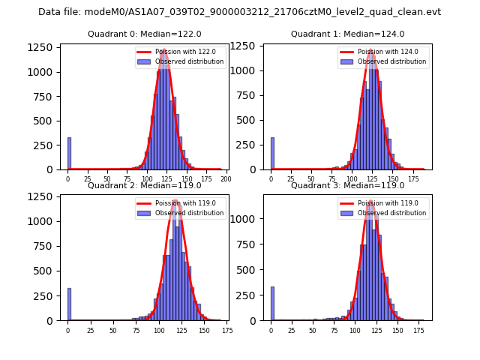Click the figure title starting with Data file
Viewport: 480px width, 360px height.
click(x=239, y=12)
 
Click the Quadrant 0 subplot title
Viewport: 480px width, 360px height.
click(x=144, y=34)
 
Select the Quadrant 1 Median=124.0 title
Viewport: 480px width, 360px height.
click(x=347, y=34)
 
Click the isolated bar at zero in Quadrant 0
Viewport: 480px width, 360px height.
click(x=69, y=154)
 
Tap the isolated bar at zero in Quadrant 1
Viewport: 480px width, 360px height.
click(x=272, y=154)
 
